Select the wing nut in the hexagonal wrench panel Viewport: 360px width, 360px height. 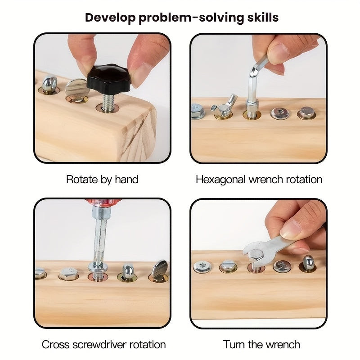pyautogui.click(x=223, y=106)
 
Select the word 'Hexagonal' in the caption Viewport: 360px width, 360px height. pyautogui.click(x=221, y=180)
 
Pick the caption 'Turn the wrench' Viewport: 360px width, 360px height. pyautogui.click(x=261, y=345)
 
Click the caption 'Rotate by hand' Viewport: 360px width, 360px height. pyautogui.click(x=102, y=180)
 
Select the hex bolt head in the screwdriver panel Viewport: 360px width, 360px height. pyautogui.click(x=68, y=274)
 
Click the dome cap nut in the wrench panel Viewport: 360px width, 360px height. pyautogui.click(x=308, y=263)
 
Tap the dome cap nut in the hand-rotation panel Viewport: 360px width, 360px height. pyautogui.click(x=49, y=84)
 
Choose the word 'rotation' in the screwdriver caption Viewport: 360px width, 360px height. pyautogui.click(x=148, y=345)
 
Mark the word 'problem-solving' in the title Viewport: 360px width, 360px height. pyautogui.click(x=191, y=18)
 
